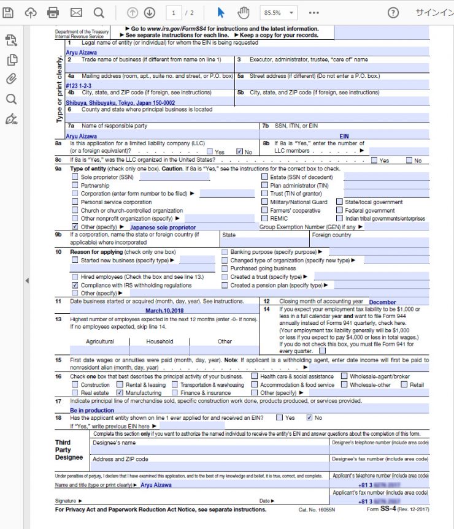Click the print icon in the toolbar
[x=53, y=12]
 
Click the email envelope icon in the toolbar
[x=76, y=12]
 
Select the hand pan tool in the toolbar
[x=244, y=12]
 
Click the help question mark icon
[x=393, y=12]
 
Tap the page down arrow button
[x=149, y=12]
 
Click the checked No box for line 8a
[x=240, y=151]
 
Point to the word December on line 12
[x=382, y=302]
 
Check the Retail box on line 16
[x=404, y=385]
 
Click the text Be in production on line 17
[x=92, y=410]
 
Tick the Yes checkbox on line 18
[x=280, y=417]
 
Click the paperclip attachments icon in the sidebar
[x=11, y=79]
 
